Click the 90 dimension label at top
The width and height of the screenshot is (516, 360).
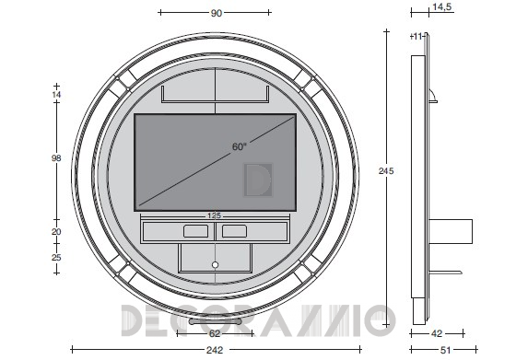pyautogui.click(x=216, y=13)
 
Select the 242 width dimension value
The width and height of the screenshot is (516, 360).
pyautogui.click(x=215, y=350)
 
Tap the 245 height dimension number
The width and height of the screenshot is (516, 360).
pyautogui.click(x=386, y=171)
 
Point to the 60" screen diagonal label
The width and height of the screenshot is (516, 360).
pyautogui.click(x=240, y=146)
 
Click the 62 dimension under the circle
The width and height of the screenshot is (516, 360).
pyautogui.click(x=215, y=333)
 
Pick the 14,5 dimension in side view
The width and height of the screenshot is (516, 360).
pyautogui.click(x=442, y=6)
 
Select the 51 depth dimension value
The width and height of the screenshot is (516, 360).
pyautogui.click(x=445, y=351)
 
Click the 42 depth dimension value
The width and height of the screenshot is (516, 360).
pyautogui.click(x=437, y=333)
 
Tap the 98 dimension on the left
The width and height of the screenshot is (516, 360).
pyautogui.click(x=56, y=158)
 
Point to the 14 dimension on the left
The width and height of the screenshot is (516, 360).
pyautogui.click(x=56, y=95)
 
